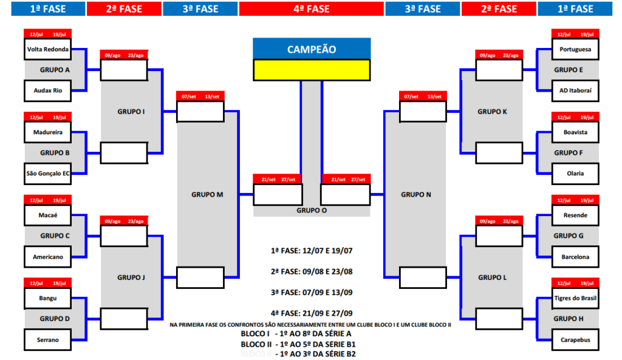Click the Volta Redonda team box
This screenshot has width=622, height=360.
coord(47,49)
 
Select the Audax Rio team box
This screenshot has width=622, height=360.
coord(47,90)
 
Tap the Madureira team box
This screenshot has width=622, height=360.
coord(47,132)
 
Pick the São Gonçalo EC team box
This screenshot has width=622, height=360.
coord(47,173)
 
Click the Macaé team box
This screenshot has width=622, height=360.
coord(47,215)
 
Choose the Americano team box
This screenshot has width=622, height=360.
coord(47,256)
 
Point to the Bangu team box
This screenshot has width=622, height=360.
coord(47,298)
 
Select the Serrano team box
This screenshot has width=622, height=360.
coord(47,339)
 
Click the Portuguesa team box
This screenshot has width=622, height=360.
coord(575,49)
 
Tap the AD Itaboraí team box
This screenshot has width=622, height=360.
coord(575,90)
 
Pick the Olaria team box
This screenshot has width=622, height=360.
coord(575,173)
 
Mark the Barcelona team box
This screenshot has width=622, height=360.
coord(575,256)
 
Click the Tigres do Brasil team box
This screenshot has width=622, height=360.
coord(575,298)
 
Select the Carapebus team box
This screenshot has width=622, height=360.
coord(575,339)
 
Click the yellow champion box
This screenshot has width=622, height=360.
coord(311,69)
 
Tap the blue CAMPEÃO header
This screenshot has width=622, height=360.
coord(311,49)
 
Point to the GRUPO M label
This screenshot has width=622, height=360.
coord(207,194)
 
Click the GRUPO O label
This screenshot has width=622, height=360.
coord(311,211)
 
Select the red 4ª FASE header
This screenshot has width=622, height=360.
coord(311,8)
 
